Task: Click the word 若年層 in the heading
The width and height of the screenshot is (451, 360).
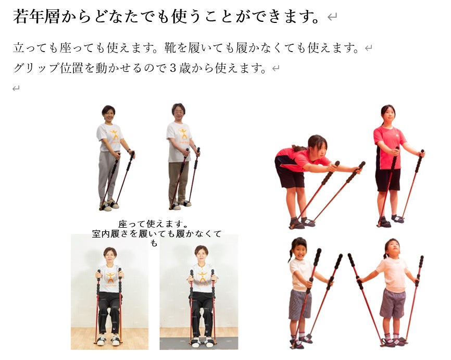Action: (36, 16)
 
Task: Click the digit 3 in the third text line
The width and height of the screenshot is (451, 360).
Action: (173, 68)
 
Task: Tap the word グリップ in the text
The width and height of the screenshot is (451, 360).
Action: (36, 68)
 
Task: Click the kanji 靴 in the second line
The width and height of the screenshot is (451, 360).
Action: (170, 48)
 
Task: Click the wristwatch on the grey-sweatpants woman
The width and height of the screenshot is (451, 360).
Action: (129, 151)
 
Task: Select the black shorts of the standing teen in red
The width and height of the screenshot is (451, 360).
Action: (388, 180)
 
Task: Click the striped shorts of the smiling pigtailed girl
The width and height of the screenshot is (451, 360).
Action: (299, 304)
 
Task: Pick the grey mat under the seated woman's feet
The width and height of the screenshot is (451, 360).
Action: (199, 343)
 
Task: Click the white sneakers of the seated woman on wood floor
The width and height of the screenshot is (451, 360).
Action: (108, 340)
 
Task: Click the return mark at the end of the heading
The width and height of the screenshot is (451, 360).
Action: (332, 17)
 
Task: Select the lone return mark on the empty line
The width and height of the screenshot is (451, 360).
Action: (16, 89)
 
